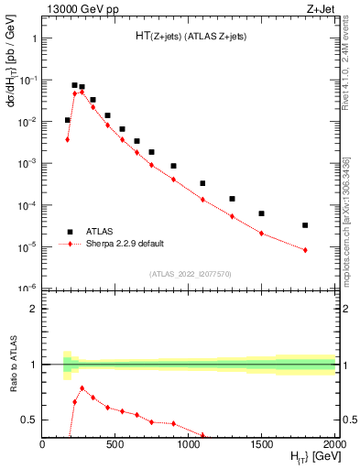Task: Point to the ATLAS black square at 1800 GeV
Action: coord(305,225)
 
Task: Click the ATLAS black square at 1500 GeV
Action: coord(261,213)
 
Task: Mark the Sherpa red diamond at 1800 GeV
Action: coord(305,250)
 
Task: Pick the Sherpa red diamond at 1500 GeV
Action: coord(261,234)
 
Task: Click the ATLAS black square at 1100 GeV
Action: coord(202,183)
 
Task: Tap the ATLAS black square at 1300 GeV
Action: coord(232,199)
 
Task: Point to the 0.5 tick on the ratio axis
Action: coord(29,420)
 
